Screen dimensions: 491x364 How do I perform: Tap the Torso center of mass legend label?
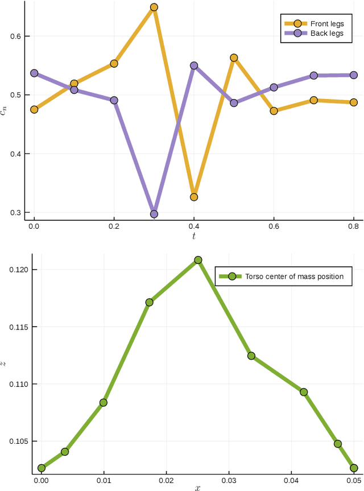pyautogui.click(x=294, y=277)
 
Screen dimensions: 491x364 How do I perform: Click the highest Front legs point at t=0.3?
pyautogui.click(x=154, y=7)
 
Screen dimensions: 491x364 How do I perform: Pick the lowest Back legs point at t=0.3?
pyautogui.click(x=154, y=214)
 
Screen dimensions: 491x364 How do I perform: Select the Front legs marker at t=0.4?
pyautogui.click(x=194, y=197)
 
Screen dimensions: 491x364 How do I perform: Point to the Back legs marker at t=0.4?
pyautogui.click(x=194, y=65)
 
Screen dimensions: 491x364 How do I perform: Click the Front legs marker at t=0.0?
pyautogui.click(x=34, y=109)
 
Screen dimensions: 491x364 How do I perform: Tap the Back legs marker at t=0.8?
pyautogui.click(x=353, y=75)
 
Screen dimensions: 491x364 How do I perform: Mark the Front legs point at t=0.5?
pyautogui.click(x=234, y=58)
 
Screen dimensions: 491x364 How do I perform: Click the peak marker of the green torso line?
pyautogui.click(x=198, y=260)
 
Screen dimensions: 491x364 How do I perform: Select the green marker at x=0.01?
pyautogui.click(x=104, y=402)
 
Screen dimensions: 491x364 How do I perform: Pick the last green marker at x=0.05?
pyautogui.click(x=354, y=468)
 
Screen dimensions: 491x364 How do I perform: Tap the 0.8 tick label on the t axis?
pyautogui.click(x=353, y=226)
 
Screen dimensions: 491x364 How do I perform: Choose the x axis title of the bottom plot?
pyautogui.click(x=197, y=488)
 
